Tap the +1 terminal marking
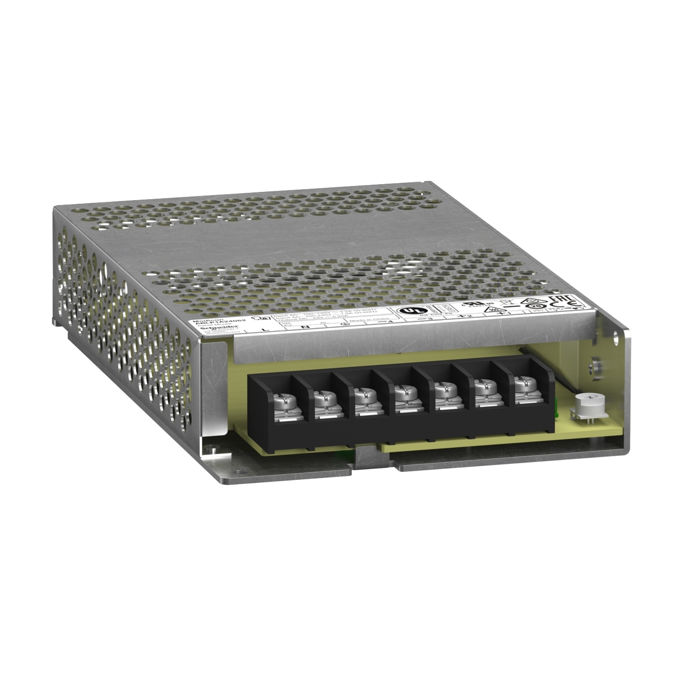point(501,314)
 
